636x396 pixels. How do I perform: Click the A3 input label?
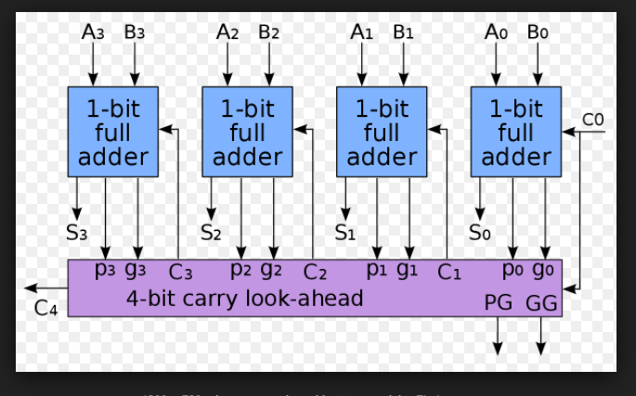pyautogui.click(x=94, y=32)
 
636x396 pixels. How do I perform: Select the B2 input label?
pyautogui.click(x=269, y=32)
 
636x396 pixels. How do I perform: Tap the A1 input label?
pyautogui.click(x=361, y=32)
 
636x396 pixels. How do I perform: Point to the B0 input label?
pyautogui.click(x=539, y=32)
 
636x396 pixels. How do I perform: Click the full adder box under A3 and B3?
pyautogui.click(x=112, y=132)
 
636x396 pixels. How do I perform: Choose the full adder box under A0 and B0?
pyautogui.click(x=516, y=132)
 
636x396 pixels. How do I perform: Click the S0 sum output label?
pyautogui.click(x=480, y=232)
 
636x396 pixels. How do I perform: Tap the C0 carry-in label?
pyautogui.click(x=592, y=120)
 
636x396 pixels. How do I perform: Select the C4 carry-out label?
pyautogui.click(x=46, y=309)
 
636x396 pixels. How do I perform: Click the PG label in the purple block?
pyautogui.click(x=498, y=303)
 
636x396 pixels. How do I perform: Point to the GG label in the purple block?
pyautogui.click(x=541, y=303)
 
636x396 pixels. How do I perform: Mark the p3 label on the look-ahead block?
pyautogui.click(x=105, y=271)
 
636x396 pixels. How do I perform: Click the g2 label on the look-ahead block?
pyautogui.click(x=271, y=271)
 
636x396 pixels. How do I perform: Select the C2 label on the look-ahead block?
pyautogui.click(x=316, y=273)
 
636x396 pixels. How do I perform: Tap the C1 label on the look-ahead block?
pyautogui.click(x=449, y=273)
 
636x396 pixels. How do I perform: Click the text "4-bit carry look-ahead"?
pyautogui.click(x=245, y=299)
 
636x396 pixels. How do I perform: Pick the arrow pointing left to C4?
pyautogui.click(x=42, y=288)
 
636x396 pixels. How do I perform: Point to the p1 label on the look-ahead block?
pyautogui.click(x=376, y=271)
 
